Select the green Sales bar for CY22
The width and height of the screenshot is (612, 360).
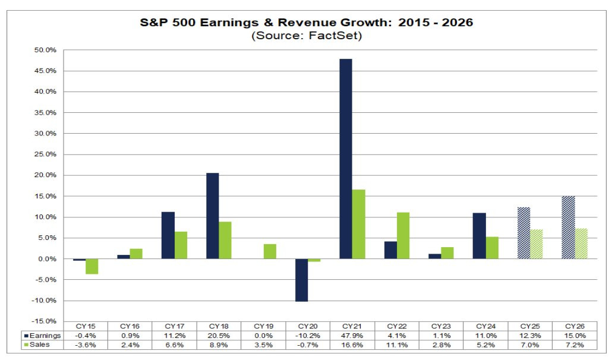403,235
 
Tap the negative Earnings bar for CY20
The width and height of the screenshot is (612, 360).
301,280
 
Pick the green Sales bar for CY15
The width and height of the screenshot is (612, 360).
92,266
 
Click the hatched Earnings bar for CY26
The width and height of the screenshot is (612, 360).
568,227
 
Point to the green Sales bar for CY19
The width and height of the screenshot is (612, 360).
269,251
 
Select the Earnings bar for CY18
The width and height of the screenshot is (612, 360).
212,216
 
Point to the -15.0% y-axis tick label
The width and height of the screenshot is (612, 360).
43,321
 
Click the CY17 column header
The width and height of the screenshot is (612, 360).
175,326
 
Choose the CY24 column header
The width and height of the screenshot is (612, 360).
486,326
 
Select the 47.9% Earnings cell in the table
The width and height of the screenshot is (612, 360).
352,335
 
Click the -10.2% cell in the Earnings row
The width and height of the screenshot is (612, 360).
307,335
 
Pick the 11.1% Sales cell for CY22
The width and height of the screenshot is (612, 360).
396,345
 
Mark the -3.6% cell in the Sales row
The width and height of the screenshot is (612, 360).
85,345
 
